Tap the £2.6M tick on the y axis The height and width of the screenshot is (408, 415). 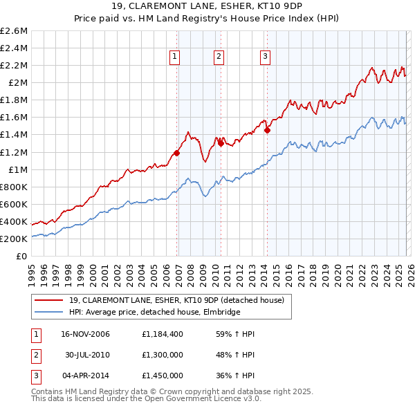coord(14,31)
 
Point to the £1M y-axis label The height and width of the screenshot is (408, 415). coord(17,169)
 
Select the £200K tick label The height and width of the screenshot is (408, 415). coord(14,239)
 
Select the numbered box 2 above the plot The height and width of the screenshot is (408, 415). coord(219,57)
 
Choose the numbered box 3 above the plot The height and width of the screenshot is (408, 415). coord(266,57)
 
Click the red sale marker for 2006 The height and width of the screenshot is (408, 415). coord(177,153)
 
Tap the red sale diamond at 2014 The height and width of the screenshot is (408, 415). coord(267,129)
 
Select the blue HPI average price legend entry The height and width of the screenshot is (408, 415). coord(154,312)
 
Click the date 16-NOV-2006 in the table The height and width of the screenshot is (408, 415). coord(85,334)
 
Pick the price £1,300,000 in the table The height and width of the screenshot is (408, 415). coord(163,355)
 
